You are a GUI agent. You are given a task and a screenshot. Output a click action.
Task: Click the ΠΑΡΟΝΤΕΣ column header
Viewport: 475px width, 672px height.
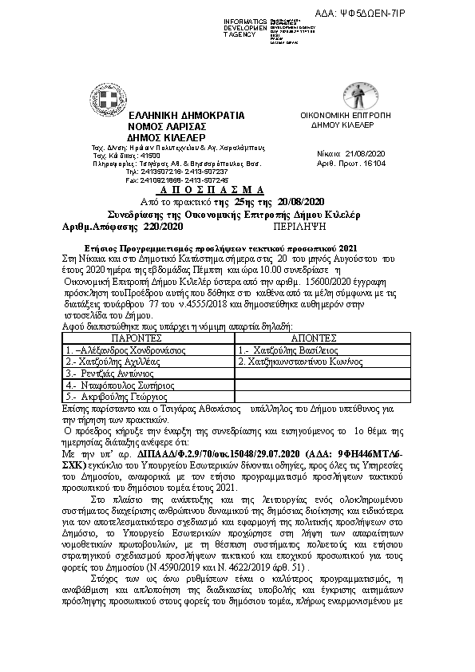[x=147, y=338]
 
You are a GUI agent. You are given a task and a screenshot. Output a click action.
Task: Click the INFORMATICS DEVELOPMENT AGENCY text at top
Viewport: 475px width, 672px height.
[x=245, y=27]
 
